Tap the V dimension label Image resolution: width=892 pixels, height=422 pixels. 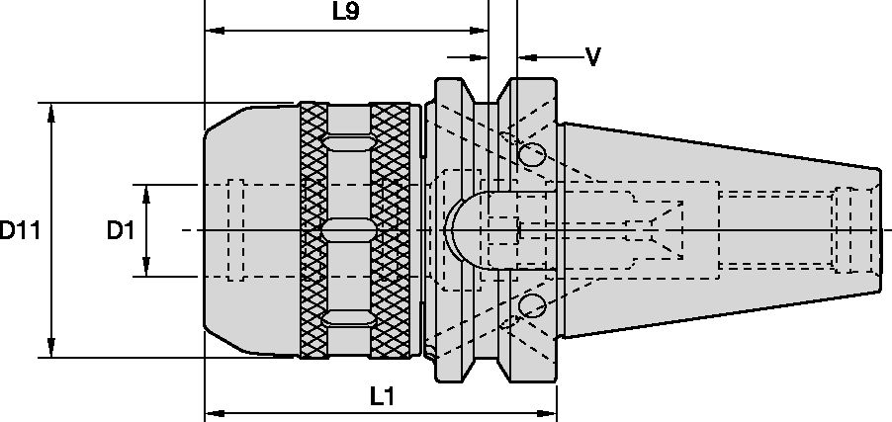click(x=593, y=56)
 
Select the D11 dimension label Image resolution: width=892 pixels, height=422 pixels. click(x=19, y=231)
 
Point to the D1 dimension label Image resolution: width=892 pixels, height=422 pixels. click(x=120, y=231)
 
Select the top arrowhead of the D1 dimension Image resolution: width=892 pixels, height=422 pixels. click(x=146, y=192)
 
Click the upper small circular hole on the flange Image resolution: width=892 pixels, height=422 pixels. click(x=531, y=153)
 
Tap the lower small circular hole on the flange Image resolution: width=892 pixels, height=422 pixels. click(x=531, y=304)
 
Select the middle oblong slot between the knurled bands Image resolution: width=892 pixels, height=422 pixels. click(x=348, y=230)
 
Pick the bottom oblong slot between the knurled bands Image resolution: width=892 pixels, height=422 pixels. click(x=348, y=317)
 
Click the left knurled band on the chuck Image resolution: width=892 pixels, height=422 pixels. click(x=313, y=230)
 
